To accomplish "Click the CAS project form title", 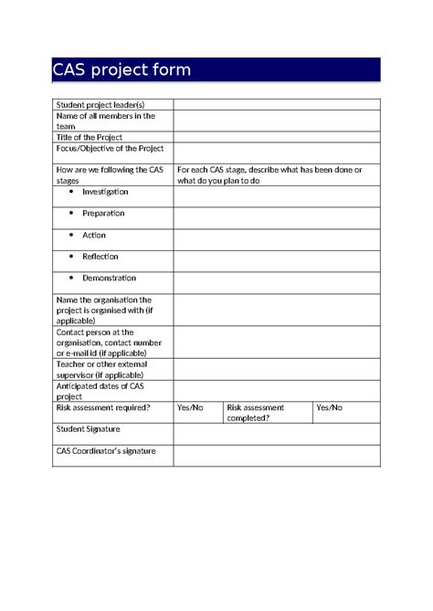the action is click(121, 71).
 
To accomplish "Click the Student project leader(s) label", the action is click(100, 105).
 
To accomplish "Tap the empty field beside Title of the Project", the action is click(277, 137).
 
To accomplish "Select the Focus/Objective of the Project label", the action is click(109, 147).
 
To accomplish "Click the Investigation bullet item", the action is click(105, 193).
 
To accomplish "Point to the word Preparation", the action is click(103, 214).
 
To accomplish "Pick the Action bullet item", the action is click(94, 236).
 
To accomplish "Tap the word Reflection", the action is click(100, 257).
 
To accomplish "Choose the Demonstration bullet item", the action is click(109, 279).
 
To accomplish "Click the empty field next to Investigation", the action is click(277, 195).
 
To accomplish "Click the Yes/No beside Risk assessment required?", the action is click(190, 407).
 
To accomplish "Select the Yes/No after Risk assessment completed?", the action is click(329, 407).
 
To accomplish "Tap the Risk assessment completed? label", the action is click(256, 412).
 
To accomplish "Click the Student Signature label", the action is click(89, 428).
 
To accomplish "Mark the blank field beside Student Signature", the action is click(277, 433).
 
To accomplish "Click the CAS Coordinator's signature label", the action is click(106, 451).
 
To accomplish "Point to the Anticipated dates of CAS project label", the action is click(100, 391).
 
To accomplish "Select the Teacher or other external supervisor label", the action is click(100, 369).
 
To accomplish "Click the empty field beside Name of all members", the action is click(277, 121).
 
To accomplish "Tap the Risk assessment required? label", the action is click(103, 407).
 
